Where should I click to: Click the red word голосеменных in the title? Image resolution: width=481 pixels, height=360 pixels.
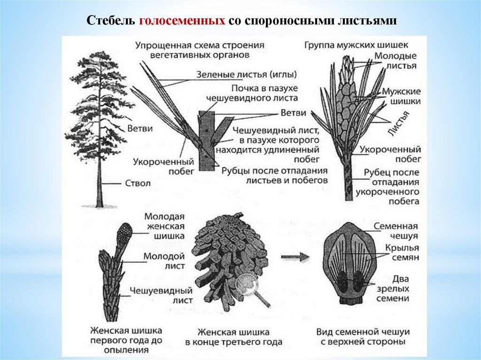[183, 22]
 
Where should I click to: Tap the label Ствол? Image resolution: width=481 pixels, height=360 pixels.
[138, 183]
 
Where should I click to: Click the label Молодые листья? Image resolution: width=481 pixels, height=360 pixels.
[395, 61]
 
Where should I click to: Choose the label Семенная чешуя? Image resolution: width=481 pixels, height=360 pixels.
[396, 230]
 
